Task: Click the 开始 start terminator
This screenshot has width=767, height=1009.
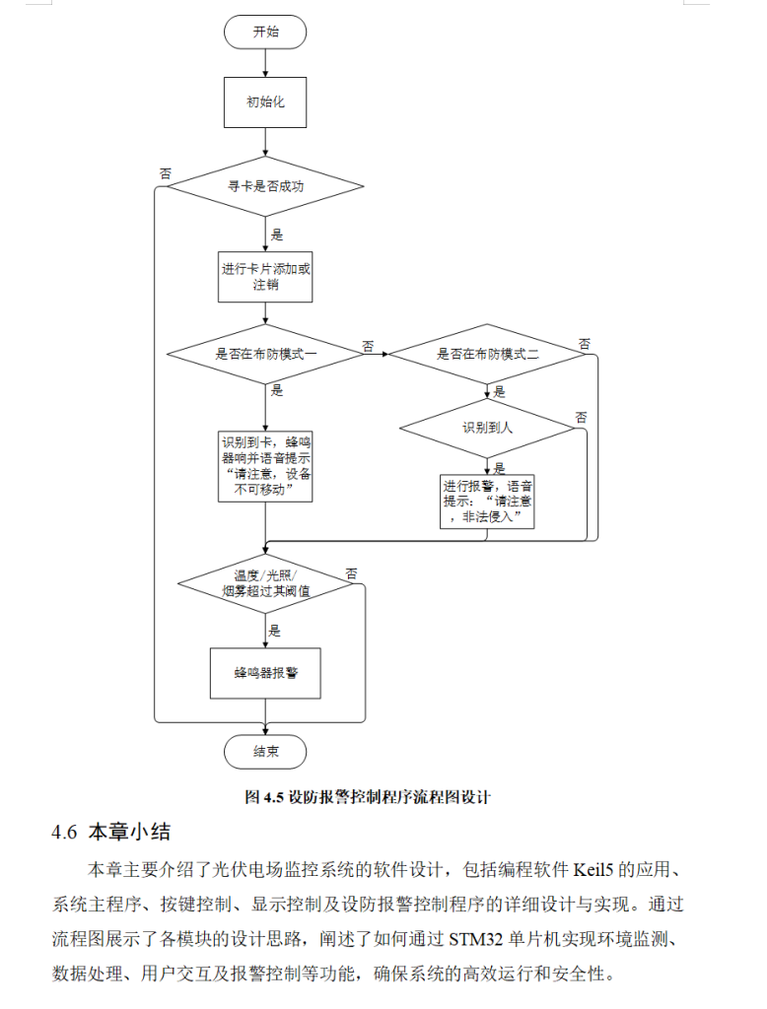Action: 265,32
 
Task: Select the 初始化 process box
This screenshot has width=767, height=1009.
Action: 265,101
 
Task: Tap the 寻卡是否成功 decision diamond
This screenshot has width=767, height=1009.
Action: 265,185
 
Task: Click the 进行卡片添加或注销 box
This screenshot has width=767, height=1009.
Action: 265,275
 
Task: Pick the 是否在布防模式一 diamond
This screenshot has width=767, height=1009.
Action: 265,353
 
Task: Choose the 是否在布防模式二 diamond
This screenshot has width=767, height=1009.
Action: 487,353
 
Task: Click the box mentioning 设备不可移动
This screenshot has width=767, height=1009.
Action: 265,466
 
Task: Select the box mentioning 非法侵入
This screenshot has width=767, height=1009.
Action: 487,502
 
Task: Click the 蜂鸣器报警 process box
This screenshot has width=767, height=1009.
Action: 265,673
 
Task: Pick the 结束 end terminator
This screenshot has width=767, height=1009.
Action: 265,751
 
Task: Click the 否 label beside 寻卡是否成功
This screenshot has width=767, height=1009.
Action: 166,173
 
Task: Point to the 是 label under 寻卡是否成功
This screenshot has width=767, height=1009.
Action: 277,235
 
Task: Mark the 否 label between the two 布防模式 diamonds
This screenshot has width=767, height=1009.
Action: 368,346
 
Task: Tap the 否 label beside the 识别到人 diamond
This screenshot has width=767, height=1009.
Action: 581,417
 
